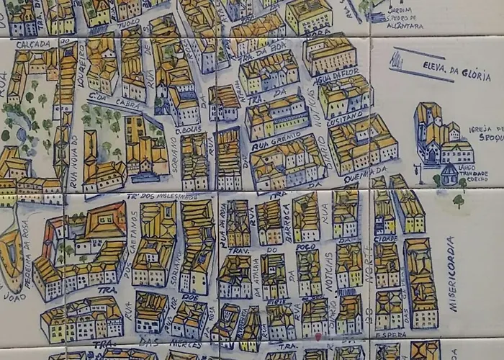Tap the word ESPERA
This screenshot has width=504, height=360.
click(x=391, y=334)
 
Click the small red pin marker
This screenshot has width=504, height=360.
click(x=318, y=336)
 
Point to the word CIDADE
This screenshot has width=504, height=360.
click(x=385, y=238)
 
